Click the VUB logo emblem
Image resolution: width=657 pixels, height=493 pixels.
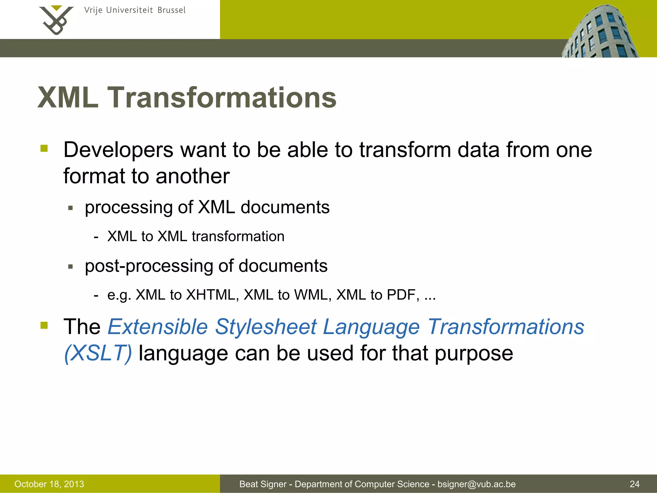tap(56, 20)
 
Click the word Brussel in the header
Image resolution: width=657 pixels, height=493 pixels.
tap(171, 10)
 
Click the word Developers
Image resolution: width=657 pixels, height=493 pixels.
tap(118, 150)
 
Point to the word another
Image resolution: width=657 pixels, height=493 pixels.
tap(192, 176)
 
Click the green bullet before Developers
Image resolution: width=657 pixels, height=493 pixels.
tap(44, 148)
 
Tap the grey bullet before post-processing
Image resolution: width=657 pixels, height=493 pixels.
tap(71, 266)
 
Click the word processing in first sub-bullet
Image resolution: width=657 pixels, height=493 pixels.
tap(128, 208)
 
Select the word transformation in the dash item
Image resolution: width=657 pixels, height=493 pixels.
tap(238, 237)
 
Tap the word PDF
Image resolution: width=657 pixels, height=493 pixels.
tap(403, 295)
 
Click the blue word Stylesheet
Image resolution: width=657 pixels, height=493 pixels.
tap(266, 327)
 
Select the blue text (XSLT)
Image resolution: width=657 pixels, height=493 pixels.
tap(98, 353)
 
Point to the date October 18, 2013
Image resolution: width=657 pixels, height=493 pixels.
tap(49, 484)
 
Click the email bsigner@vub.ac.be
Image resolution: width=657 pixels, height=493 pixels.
tap(476, 484)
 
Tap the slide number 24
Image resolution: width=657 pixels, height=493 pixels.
tap(634, 484)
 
